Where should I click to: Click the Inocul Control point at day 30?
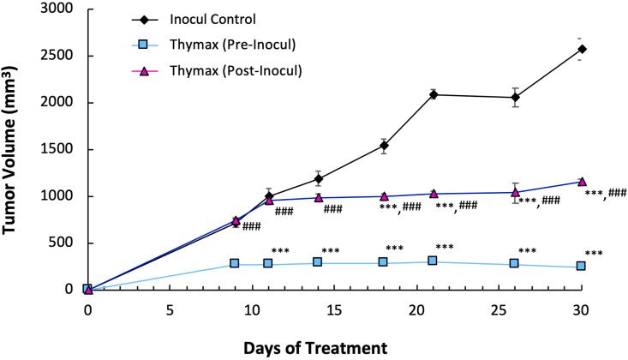[x=582, y=49]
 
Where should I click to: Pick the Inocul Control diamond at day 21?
[x=434, y=94]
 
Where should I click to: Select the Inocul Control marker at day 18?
[x=384, y=146]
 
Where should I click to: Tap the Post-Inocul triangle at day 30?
[x=582, y=182]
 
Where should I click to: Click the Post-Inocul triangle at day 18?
[x=384, y=196]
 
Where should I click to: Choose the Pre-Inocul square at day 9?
[x=235, y=264]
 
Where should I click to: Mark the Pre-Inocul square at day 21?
[x=434, y=261]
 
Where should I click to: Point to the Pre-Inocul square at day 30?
[x=582, y=267]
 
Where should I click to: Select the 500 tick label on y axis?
[x=60, y=243]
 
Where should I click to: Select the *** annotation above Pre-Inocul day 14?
[x=331, y=252]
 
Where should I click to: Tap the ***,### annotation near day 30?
[x=605, y=194]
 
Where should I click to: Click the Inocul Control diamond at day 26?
[x=516, y=97]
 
